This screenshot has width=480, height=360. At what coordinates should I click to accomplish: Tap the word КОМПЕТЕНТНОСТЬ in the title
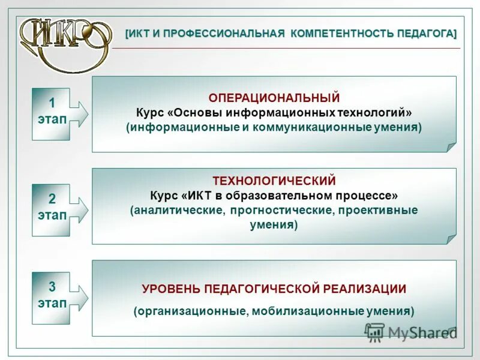[x=339, y=33]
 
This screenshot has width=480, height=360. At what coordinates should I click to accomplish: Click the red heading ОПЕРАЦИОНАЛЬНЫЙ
[x=274, y=98]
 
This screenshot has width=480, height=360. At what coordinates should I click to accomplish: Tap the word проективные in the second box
[x=377, y=211]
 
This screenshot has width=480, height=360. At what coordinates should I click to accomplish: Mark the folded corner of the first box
[x=451, y=146]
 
